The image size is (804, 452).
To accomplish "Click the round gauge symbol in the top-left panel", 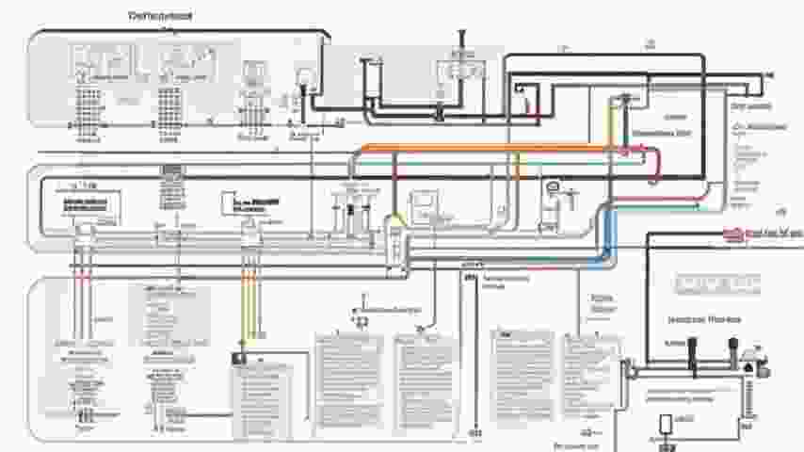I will point(304,76).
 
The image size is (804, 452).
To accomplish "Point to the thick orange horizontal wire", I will point(471,148).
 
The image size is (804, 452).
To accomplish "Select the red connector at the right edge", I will point(732,233).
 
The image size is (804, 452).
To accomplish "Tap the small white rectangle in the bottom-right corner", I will point(666,423).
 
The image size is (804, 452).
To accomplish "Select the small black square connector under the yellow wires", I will point(239,359).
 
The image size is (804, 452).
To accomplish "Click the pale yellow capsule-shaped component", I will point(395,241).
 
